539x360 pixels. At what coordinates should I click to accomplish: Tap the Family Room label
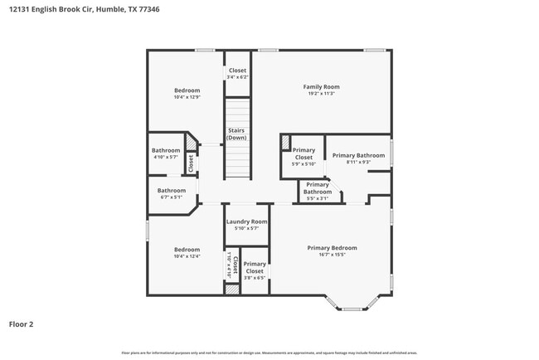(x=321, y=86)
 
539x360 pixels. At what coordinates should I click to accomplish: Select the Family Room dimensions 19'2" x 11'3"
(x=321, y=94)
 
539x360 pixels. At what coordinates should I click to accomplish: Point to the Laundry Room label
(x=247, y=221)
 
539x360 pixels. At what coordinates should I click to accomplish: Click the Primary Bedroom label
(x=332, y=248)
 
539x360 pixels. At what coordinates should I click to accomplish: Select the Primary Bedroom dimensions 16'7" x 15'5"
(x=332, y=255)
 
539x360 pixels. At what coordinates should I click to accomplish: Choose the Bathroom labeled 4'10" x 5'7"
(x=166, y=153)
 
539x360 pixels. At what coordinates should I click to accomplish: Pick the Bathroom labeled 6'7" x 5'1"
(x=172, y=193)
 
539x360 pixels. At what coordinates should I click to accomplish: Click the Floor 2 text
(x=21, y=324)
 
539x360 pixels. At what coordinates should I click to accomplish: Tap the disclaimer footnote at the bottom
(x=269, y=353)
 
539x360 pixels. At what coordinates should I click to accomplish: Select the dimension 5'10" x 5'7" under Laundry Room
(x=247, y=229)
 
